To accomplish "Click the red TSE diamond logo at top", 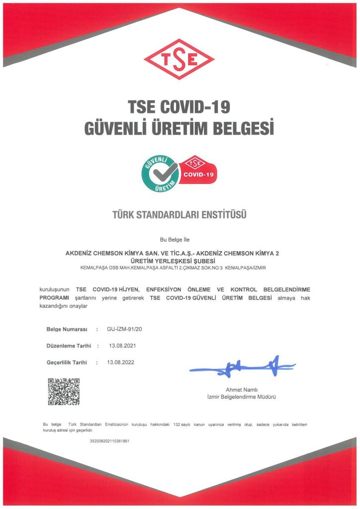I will click(179, 59).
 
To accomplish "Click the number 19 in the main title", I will click(220, 107).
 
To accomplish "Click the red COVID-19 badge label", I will click(198, 174).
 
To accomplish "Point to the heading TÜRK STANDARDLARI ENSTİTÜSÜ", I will click(180, 215).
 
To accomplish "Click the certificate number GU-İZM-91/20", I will click(125, 329).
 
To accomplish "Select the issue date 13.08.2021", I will click(122, 345).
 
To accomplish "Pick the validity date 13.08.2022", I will click(120, 362).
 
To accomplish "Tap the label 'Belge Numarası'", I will click(67, 329).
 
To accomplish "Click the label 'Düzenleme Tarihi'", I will click(69, 345).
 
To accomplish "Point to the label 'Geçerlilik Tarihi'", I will click(67, 362).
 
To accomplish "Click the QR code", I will click(64, 392).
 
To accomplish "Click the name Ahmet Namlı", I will click(242, 389).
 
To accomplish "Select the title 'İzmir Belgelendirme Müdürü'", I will click(242, 397).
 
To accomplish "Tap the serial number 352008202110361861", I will click(109, 441).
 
